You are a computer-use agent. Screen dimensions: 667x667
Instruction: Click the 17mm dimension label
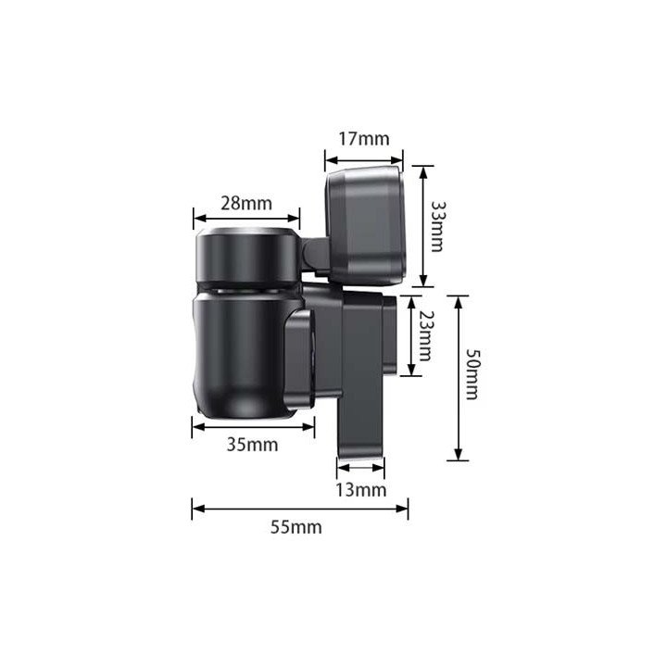pos(364,139)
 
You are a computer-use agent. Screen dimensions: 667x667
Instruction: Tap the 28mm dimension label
pos(246,203)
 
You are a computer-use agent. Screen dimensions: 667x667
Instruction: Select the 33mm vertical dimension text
pos(437,226)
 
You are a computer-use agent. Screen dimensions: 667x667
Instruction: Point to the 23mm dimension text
pos(425,335)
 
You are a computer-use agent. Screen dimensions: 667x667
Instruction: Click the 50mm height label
pos(472,374)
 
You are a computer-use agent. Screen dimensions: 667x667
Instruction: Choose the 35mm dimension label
pos(253,445)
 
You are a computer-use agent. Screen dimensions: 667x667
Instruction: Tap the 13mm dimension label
pos(361,490)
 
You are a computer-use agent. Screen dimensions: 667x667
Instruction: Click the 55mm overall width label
pos(296,527)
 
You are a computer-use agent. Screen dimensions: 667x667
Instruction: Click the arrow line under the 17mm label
pos(364,160)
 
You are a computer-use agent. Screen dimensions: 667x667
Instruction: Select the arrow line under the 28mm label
pos(246,219)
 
